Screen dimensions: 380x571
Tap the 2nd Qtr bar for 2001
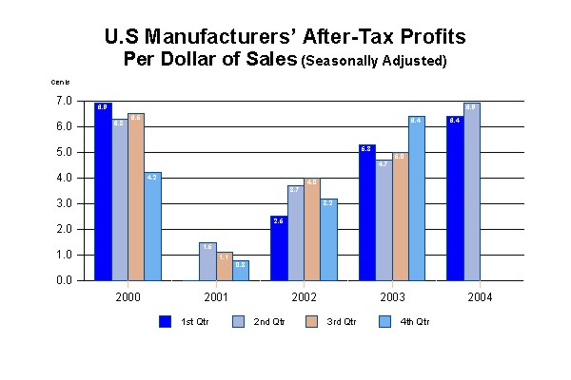(x=207, y=261)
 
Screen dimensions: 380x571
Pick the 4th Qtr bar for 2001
(x=241, y=270)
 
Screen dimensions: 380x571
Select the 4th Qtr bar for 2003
(x=417, y=199)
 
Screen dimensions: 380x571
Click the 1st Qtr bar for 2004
(x=455, y=199)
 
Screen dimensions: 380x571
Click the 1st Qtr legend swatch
(x=165, y=321)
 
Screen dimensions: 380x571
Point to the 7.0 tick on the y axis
(x=65, y=101)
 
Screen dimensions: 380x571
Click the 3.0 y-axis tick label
(x=65, y=203)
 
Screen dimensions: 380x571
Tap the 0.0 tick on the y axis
(x=65, y=281)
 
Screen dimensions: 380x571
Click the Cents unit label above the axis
(x=60, y=84)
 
